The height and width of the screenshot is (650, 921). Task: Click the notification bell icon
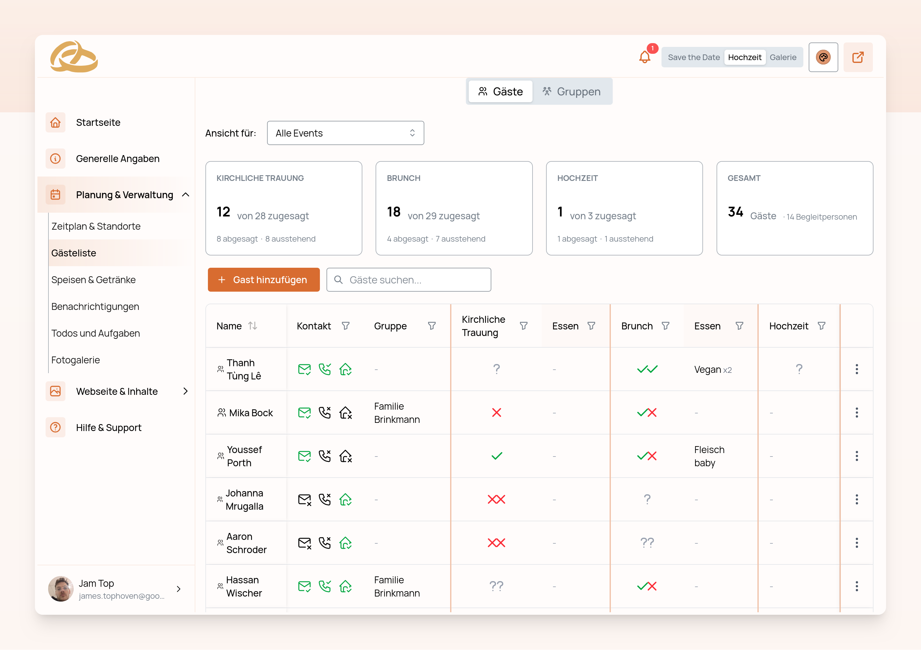(645, 57)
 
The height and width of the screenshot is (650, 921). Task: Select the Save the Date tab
(694, 57)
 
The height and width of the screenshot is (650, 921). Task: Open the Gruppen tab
(571, 92)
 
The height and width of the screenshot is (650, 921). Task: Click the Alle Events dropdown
(345, 133)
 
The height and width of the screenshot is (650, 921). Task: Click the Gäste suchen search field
(409, 280)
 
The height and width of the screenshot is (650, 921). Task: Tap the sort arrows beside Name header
(252, 326)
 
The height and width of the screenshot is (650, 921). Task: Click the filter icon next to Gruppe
(432, 326)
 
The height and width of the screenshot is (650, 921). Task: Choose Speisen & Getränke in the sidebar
(93, 280)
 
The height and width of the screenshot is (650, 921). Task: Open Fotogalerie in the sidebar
(75, 360)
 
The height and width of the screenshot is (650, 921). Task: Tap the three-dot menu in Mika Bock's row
(857, 412)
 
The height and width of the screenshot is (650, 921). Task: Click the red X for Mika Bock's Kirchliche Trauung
(496, 412)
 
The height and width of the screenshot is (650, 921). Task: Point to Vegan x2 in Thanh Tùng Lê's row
(712, 370)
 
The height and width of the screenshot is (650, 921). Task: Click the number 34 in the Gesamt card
(735, 212)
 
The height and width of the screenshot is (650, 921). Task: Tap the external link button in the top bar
(858, 57)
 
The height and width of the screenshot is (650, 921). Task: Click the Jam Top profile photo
(61, 589)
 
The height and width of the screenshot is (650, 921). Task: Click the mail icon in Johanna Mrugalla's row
(304, 500)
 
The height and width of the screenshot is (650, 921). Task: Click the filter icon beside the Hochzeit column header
(821, 326)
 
